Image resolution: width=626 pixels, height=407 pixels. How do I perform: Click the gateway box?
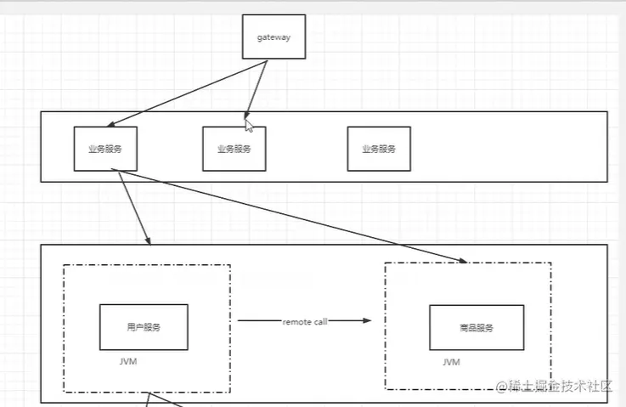point(273,37)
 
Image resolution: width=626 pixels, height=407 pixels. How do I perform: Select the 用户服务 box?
point(144,327)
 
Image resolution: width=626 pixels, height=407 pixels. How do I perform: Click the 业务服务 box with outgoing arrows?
point(105,149)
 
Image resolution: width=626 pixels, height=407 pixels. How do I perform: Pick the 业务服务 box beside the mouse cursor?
point(234,149)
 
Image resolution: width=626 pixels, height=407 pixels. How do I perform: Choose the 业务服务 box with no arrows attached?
point(379,149)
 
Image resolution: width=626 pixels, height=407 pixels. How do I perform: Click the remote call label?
point(304,321)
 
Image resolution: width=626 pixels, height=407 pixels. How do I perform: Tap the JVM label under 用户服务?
point(129,361)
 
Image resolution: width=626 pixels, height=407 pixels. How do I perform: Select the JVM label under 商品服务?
point(451,362)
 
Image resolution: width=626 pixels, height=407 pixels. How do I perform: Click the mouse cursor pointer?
point(249,125)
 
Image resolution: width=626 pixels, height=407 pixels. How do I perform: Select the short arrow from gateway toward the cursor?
point(257,88)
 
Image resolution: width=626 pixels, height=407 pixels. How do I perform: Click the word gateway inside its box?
point(273,37)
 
